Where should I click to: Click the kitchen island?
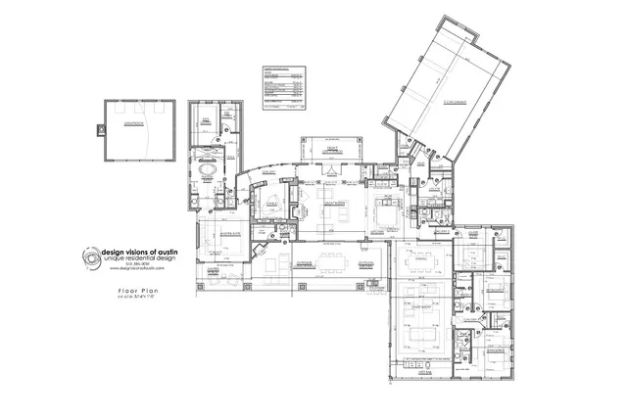385,210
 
